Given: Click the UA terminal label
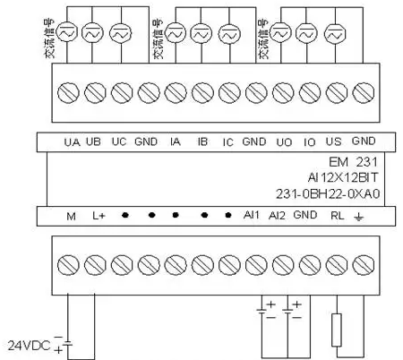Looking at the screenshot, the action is [72, 142].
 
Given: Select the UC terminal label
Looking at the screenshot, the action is [119, 141].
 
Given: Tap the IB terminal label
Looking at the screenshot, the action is [202, 141].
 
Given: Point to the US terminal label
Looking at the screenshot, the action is [333, 141].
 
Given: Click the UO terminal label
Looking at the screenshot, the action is [284, 142].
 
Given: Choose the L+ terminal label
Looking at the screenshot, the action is [99, 216].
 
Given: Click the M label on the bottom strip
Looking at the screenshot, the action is [71, 216].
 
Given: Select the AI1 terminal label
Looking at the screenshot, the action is [252, 215].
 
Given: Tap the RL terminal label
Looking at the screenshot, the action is [338, 216].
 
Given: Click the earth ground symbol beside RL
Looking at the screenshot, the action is [358, 217].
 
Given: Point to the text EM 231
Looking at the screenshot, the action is [353, 162].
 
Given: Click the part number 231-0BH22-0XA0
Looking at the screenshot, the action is [328, 194].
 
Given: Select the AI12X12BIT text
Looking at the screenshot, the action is [343, 178].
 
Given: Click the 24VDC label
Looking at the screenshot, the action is [29, 346].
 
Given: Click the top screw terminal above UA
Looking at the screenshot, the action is [68, 93].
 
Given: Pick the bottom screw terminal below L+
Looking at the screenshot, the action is [95, 265].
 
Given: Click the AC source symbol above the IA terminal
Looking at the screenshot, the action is [176, 34].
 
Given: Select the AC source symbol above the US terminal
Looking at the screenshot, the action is [335, 34].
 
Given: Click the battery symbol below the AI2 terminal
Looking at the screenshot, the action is [287, 312].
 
